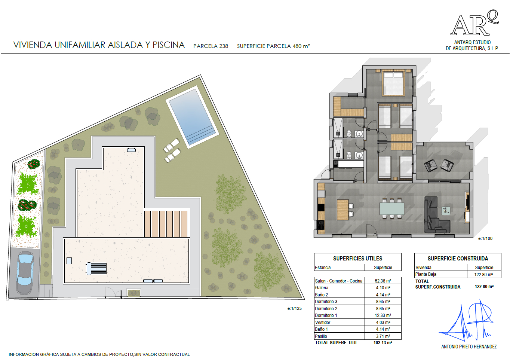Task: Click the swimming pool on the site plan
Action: click(x=193, y=117)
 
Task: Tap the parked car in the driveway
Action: click(x=25, y=273)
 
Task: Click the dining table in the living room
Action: click(x=391, y=209)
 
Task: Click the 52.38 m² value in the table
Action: click(x=383, y=281)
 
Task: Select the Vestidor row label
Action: click(x=323, y=323)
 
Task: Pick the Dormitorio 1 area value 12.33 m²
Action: click(x=383, y=315)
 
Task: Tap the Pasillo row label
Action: click(x=321, y=336)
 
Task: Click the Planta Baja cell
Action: click(x=426, y=274)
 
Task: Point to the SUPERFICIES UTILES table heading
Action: click(x=358, y=259)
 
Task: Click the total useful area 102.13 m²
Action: click(x=383, y=343)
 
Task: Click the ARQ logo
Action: click(x=475, y=23)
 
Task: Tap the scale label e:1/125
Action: click(x=294, y=308)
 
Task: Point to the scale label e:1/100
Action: click(x=485, y=238)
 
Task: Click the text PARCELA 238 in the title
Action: click(x=211, y=46)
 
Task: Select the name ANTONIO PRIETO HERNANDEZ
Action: click(x=469, y=347)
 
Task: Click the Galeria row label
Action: click(x=322, y=288)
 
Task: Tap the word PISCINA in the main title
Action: click(x=169, y=45)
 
